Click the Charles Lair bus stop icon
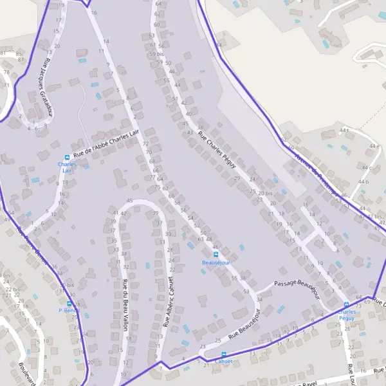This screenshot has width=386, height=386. (67, 158)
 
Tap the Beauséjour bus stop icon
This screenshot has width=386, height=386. (216, 254)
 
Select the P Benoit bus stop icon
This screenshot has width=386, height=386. (69, 303)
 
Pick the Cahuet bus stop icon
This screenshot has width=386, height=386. (224, 354)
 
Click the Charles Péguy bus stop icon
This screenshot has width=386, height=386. (346, 304)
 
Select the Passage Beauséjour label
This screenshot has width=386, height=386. (297, 289)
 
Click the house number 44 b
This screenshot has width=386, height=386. (363, 183)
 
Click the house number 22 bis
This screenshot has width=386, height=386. (9, 290)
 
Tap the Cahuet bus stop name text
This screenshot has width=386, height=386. (223, 362)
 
